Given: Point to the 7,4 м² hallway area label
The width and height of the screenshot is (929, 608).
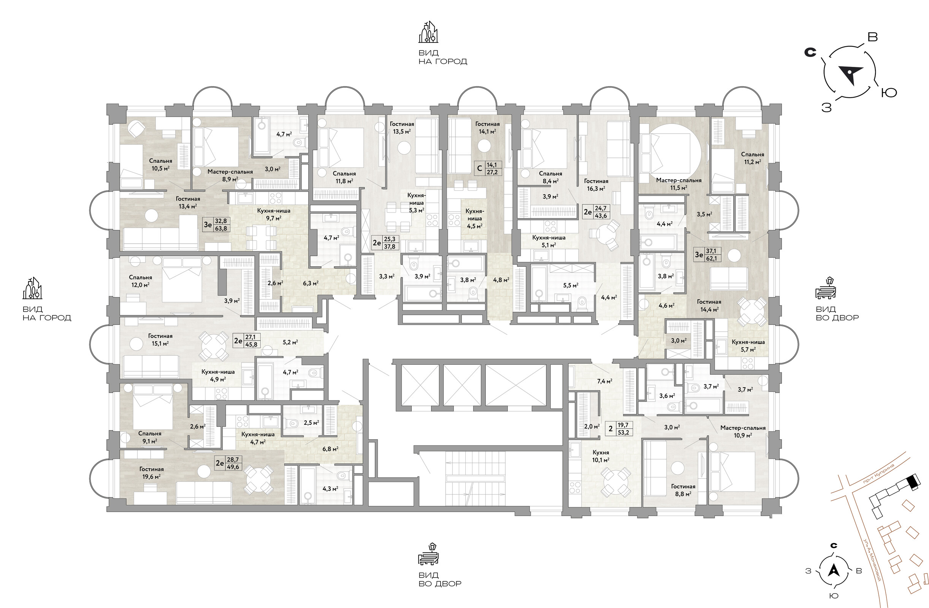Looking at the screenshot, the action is click(604, 381).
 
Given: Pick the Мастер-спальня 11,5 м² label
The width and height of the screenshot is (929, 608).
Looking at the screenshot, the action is click(679, 184).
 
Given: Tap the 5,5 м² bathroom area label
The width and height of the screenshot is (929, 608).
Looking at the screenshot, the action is click(570, 285).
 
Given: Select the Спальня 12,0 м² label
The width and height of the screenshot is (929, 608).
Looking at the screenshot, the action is click(140, 281).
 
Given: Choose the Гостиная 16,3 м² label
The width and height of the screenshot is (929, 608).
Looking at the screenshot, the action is click(596, 185).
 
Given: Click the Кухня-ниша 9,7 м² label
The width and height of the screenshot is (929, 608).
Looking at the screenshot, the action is click(274, 214).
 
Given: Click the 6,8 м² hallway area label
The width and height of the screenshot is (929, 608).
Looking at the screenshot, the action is click(330, 449).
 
